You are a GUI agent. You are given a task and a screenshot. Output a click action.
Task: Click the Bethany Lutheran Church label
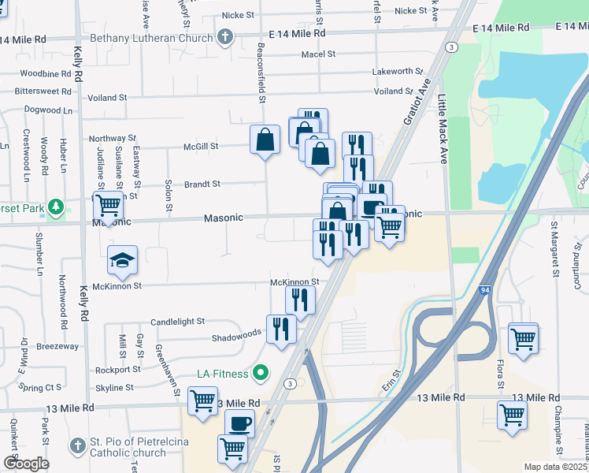[163, 37]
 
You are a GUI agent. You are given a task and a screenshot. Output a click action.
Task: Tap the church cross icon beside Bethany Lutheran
[225, 37]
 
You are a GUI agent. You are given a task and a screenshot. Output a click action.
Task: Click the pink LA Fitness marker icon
[262, 373]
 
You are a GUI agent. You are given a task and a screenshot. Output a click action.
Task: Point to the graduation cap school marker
[122, 261]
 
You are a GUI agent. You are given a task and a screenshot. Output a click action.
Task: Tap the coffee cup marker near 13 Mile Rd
[240, 424]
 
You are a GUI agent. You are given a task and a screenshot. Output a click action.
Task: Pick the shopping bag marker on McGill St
[265, 140]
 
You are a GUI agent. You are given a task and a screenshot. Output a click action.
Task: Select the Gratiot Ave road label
[417, 102]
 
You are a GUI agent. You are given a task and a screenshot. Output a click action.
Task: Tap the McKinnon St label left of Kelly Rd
[117, 285]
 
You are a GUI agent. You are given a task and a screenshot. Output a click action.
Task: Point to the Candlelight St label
[177, 322]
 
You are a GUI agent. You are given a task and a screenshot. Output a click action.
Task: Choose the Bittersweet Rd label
[43, 91]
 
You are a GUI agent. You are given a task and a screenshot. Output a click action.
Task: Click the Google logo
[26, 464]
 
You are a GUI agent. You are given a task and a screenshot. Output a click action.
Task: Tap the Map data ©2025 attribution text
[555, 467]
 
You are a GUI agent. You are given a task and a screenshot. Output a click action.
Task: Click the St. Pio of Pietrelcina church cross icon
[77, 446]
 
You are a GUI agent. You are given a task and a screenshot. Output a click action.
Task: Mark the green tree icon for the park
[56, 207]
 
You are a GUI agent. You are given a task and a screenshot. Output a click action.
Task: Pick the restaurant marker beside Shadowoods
[281, 327]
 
